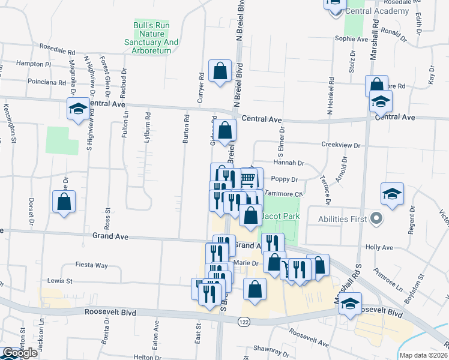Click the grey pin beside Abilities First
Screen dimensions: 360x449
coord(376,218)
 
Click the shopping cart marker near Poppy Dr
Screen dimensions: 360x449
coord(248,179)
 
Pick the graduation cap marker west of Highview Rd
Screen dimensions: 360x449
coord(77,109)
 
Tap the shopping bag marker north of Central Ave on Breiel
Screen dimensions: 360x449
coord(220,70)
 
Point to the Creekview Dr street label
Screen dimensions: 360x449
coord(340,145)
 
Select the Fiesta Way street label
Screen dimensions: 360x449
coord(91,265)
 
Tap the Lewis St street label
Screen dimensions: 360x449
coord(60,280)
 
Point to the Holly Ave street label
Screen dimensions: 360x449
coord(379,247)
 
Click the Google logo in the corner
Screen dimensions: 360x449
coord(20,353)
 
